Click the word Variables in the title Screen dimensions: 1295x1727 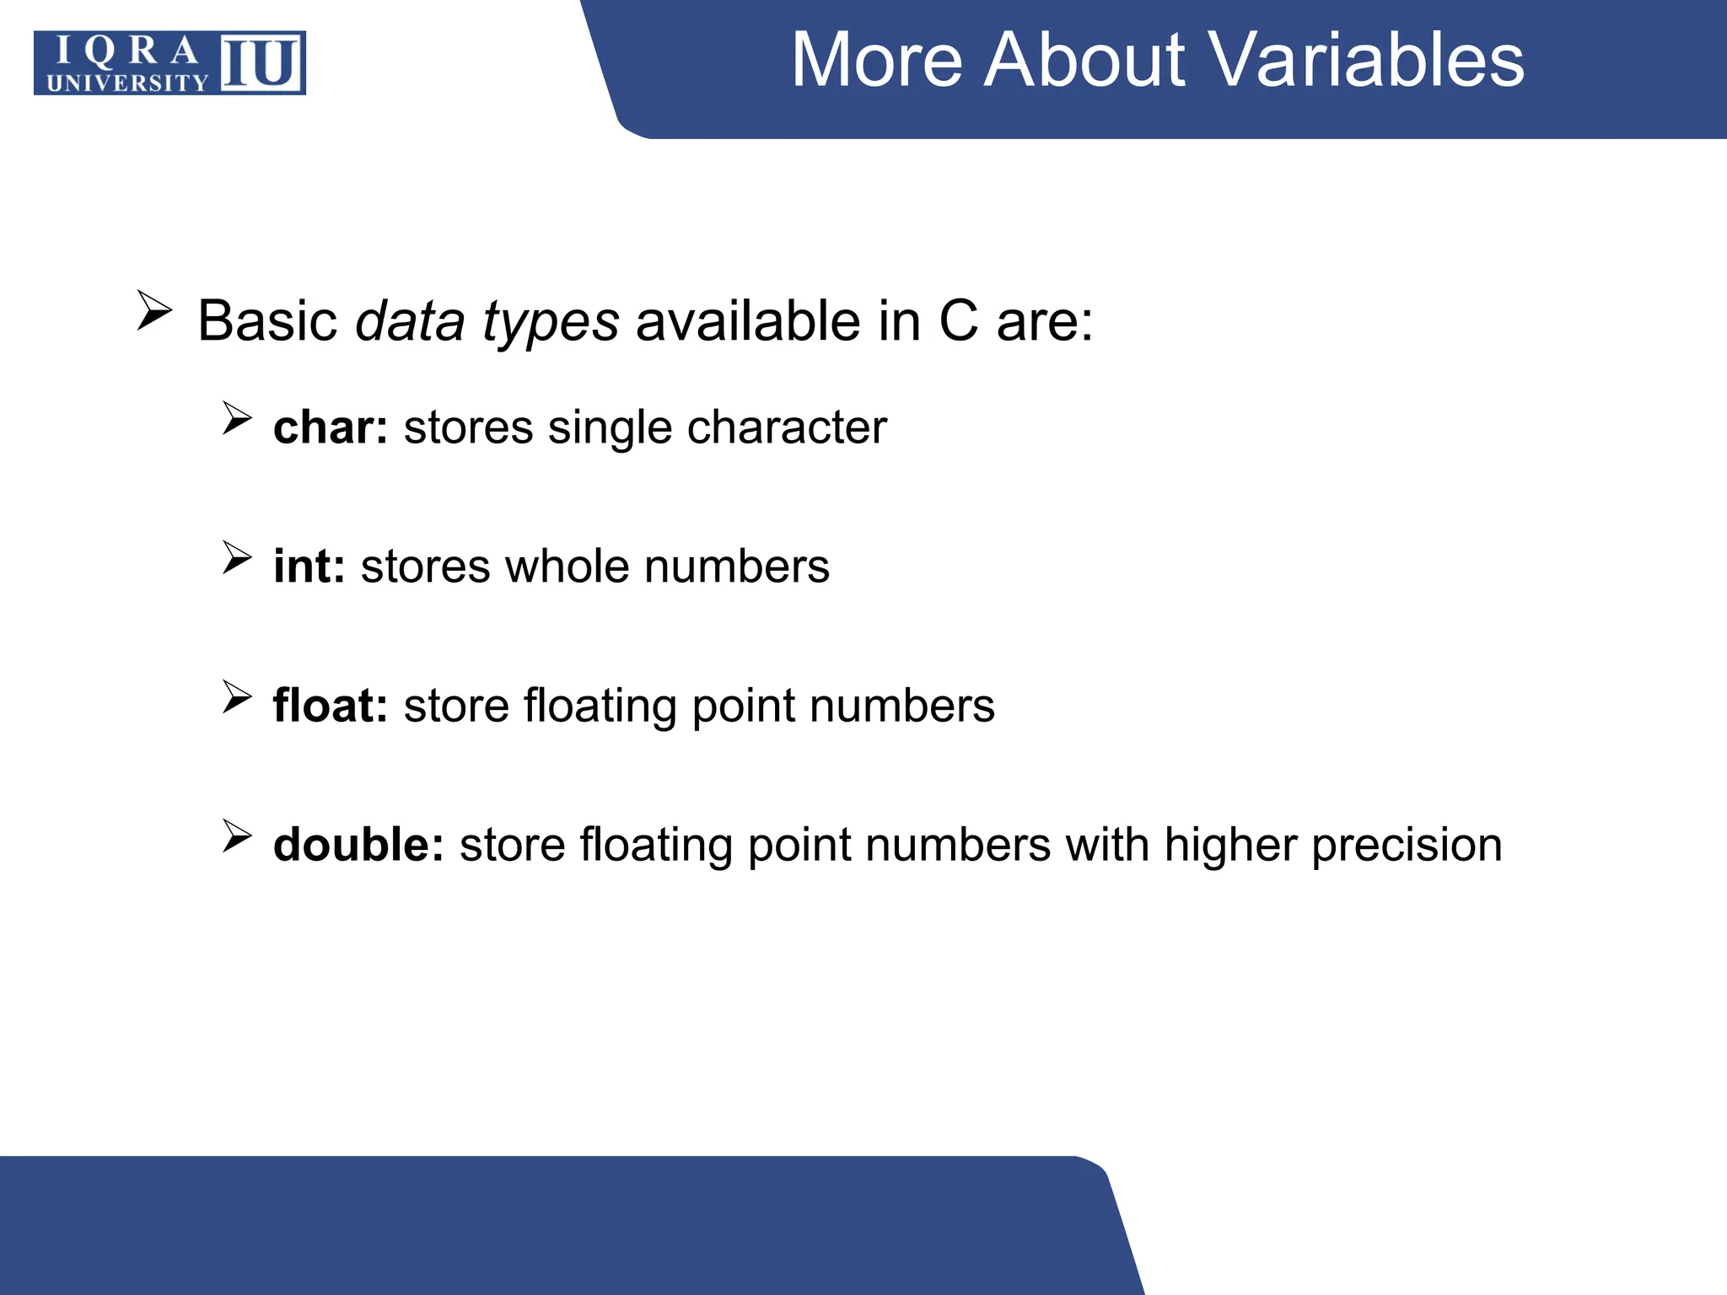1366,61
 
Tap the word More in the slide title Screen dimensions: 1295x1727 877,61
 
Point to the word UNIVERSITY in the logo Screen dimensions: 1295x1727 126,83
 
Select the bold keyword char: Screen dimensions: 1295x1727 330,427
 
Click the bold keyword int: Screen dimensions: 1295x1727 309,566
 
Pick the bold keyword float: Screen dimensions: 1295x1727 330,706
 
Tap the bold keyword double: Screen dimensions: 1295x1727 358,845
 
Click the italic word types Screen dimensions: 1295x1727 550,323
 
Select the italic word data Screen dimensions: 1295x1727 410,321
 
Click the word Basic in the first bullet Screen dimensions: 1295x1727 267,321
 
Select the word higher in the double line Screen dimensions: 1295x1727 1229,846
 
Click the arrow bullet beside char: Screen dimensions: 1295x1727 237,418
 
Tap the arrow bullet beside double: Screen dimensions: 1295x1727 237,836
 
